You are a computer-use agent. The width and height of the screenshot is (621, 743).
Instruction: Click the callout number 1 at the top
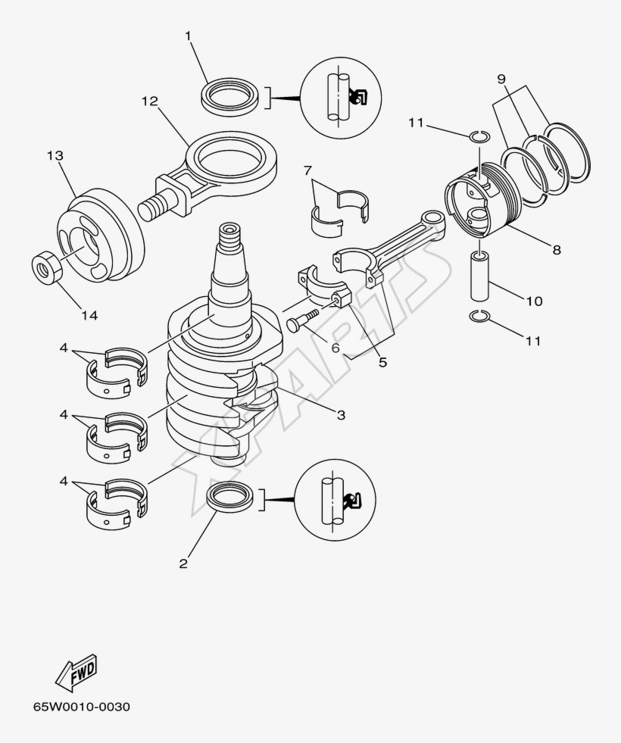point(189,36)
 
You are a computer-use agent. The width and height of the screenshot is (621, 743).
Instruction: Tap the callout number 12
point(149,101)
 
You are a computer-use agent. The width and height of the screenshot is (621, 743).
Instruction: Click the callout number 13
point(55,155)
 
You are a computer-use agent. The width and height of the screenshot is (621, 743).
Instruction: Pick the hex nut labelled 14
point(45,267)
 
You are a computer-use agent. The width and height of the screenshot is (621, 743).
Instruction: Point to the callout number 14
point(89,315)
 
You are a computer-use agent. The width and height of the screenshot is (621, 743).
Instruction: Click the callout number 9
point(501,79)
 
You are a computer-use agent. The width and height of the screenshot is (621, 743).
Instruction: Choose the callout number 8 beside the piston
point(557,249)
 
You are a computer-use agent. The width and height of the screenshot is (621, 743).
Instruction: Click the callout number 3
point(341,414)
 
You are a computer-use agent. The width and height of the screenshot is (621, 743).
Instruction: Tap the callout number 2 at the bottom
point(183,563)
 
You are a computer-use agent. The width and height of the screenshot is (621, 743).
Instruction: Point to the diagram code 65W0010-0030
point(81,707)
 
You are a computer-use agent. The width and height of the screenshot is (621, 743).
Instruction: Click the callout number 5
point(382,362)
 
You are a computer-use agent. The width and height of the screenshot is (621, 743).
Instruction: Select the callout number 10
point(533,301)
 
